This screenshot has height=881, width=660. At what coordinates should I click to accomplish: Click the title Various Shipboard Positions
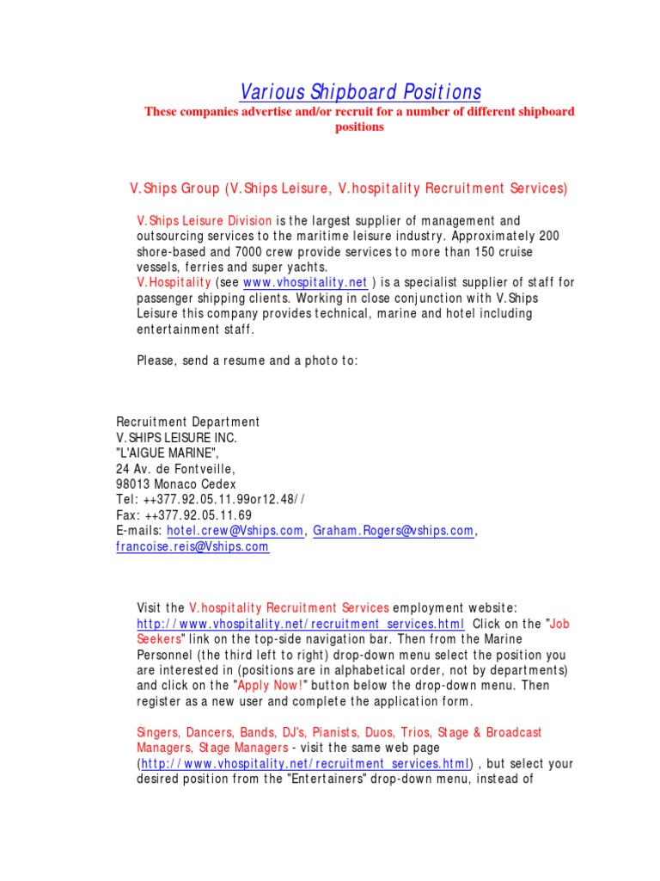pyautogui.click(x=360, y=92)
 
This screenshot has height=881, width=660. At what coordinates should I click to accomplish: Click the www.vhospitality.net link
pyautogui.click(x=305, y=283)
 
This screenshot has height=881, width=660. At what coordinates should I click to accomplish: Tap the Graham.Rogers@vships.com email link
pyautogui.click(x=394, y=532)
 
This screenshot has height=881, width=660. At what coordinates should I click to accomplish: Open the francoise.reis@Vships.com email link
pyautogui.click(x=192, y=547)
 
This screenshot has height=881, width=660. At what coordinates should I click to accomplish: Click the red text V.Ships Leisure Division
pyautogui.click(x=205, y=221)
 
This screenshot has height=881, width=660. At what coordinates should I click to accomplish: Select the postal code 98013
pyautogui.click(x=133, y=484)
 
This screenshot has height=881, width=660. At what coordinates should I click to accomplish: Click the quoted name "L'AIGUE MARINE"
pyautogui.click(x=168, y=453)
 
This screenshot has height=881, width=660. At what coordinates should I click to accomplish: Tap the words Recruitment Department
pyautogui.click(x=187, y=422)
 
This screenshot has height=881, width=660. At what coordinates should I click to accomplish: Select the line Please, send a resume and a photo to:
pyautogui.click(x=247, y=360)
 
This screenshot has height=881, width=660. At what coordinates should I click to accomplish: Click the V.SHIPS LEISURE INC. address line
pyautogui.click(x=176, y=438)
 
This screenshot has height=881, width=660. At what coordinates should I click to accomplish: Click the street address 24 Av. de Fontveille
pyautogui.click(x=175, y=469)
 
